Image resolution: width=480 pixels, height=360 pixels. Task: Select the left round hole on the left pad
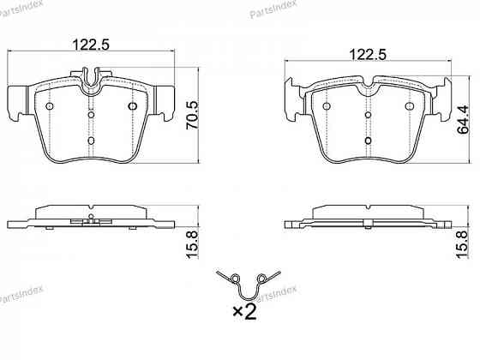[x=49, y=106]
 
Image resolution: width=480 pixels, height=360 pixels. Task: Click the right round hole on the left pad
[x=132, y=106]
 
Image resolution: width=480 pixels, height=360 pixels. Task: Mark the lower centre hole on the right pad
[x=368, y=139]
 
